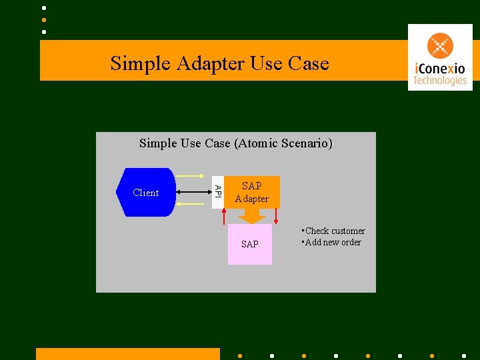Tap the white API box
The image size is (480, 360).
(217, 191)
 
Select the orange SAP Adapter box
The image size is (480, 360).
(252, 192)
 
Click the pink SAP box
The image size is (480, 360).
(250, 244)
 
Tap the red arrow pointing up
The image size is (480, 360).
(225, 216)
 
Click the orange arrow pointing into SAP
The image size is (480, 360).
(251, 216)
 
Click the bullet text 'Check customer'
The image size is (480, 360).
(335, 231)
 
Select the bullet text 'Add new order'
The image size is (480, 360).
(333, 242)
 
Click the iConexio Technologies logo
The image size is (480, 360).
(440, 57)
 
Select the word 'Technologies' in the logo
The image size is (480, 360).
(439, 81)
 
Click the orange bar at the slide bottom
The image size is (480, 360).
(127, 353)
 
